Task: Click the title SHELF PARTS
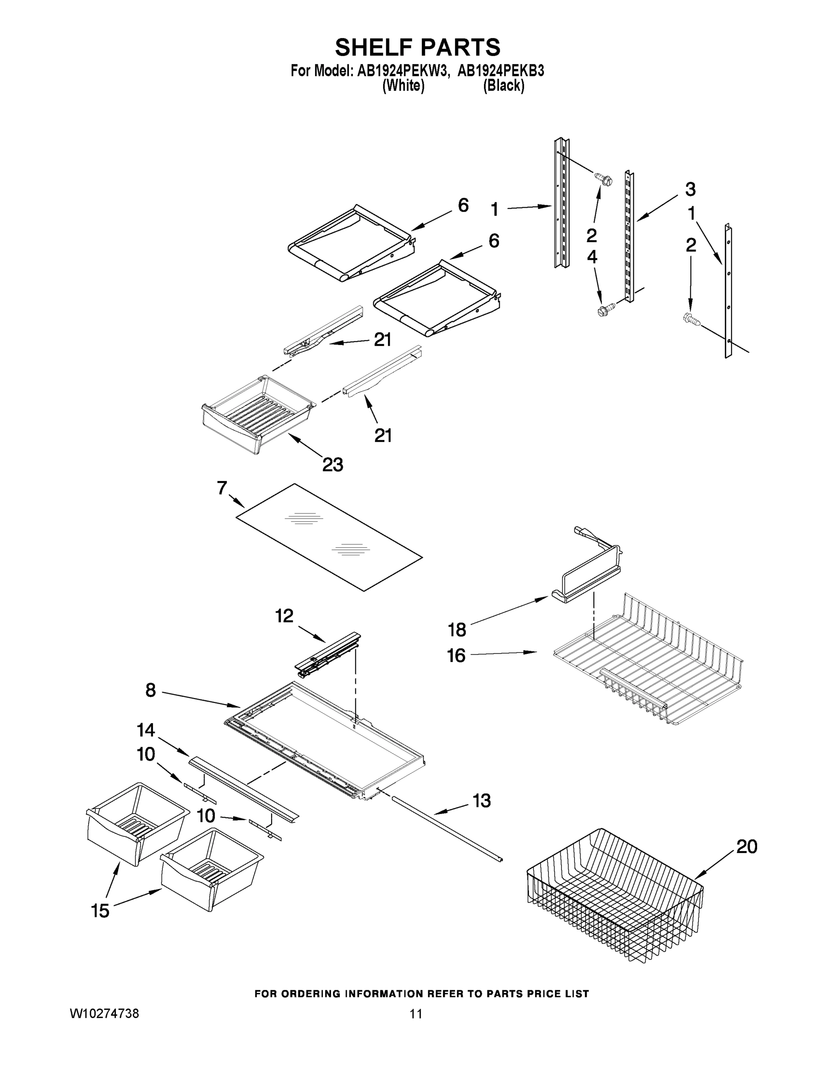coord(417,48)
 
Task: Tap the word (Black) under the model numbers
coord(503,85)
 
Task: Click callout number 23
coord(332,464)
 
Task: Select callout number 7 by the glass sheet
coord(222,488)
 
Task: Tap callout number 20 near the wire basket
coord(746,847)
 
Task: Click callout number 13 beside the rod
coord(481,801)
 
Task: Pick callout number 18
coord(457,630)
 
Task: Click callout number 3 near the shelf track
coord(690,189)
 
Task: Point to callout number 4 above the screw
coord(592,257)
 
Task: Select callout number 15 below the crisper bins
coord(100,911)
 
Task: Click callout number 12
coord(284,616)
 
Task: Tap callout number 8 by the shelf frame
coord(150,690)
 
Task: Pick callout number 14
coord(146,730)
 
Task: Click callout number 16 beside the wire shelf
coord(456,656)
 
